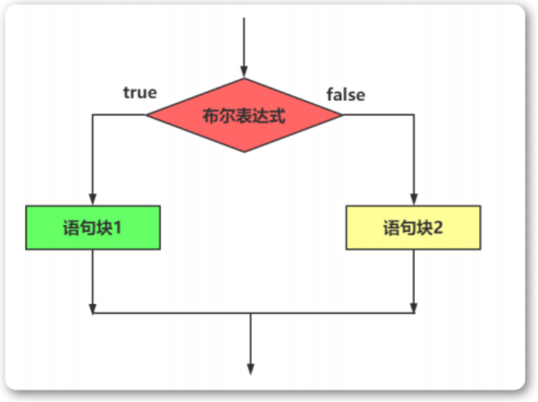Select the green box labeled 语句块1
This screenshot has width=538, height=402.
[x=92, y=227]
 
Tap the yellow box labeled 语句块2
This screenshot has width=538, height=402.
[x=413, y=227]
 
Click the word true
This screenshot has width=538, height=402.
[x=139, y=93]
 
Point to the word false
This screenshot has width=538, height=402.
[x=345, y=94]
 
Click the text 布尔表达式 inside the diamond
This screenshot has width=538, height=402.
[x=244, y=115]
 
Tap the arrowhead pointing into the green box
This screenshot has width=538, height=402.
[x=93, y=200]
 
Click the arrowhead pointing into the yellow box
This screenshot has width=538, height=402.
[x=414, y=200]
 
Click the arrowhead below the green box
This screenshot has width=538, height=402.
[x=93, y=308]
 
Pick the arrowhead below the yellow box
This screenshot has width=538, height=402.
[x=414, y=308]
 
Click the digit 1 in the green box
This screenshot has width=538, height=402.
[x=117, y=228]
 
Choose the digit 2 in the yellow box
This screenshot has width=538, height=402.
[x=438, y=228]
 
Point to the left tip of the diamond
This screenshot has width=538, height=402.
[x=147, y=115]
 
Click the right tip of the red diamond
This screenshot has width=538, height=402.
[x=342, y=115]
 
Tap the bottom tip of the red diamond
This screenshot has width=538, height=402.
[x=244, y=152]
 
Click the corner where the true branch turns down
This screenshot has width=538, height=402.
[x=93, y=115]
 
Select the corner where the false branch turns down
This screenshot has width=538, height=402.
[x=414, y=115]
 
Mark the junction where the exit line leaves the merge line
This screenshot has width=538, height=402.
[x=251, y=314]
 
